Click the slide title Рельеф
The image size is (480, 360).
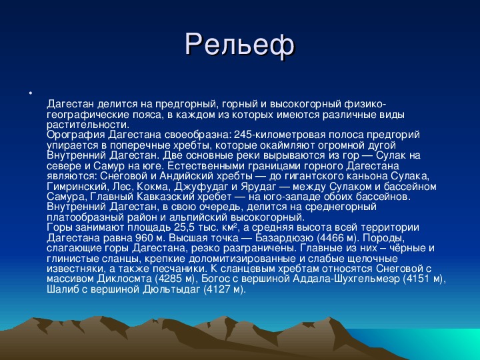point(240,45)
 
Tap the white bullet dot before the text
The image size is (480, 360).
point(31,92)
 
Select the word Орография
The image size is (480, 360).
point(75,135)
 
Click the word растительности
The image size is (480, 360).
point(88,125)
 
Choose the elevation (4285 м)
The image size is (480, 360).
point(175,279)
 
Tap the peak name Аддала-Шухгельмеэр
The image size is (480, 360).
point(346,279)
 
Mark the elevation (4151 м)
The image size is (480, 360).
point(423,279)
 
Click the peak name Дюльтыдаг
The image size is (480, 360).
point(171,289)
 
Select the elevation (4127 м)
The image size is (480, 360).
point(225,289)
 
